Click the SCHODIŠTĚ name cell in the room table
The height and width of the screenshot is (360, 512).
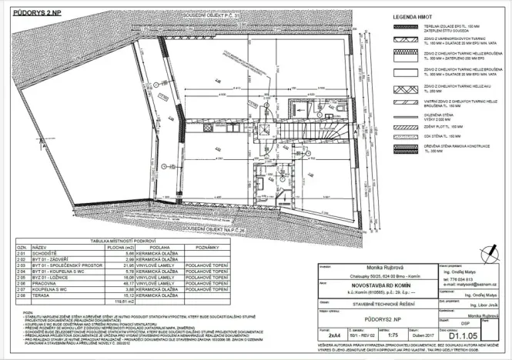click(x=43, y=253)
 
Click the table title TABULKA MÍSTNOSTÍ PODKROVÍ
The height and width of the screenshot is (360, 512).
click(x=123, y=242)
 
